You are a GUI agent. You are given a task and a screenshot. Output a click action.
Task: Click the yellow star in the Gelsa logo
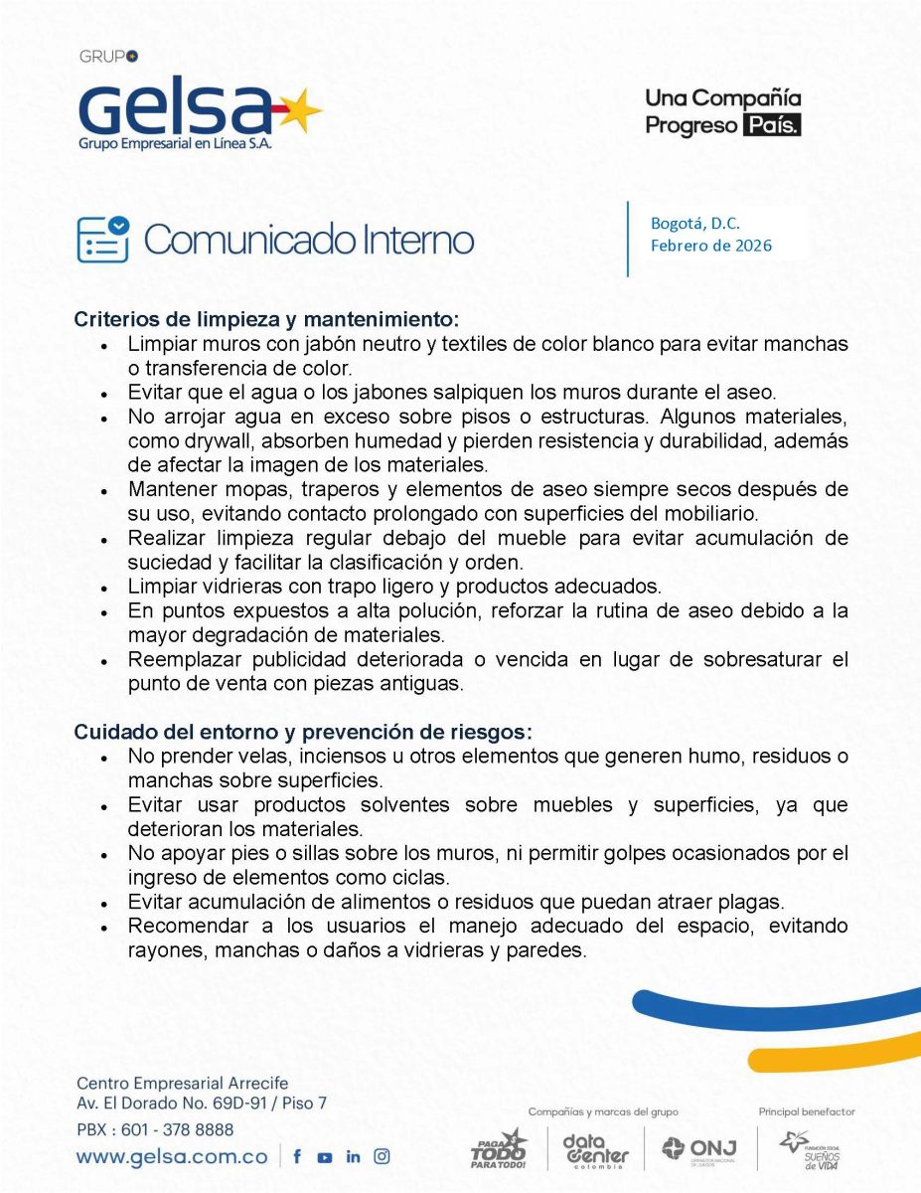(298, 110)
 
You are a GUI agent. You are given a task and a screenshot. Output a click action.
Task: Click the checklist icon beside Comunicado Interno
(102, 239)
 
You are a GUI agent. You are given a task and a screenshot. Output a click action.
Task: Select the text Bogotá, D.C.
(694, 224)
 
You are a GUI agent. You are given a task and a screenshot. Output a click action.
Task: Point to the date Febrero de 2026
(710, 246)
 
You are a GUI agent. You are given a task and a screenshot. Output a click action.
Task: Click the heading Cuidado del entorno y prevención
(303, 732)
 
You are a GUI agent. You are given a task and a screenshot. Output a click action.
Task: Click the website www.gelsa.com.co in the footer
(172, 1156)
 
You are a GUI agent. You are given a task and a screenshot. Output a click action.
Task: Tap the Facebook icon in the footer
(297, 1156)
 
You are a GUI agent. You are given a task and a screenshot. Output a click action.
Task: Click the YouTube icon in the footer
(325, 1157)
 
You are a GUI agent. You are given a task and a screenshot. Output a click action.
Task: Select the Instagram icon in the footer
(382, 1156)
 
